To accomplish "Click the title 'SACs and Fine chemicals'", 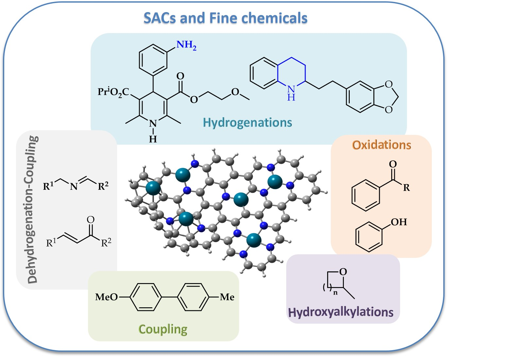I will point(225,18).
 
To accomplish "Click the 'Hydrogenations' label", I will point(247,122).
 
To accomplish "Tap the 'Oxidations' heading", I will point(381,145).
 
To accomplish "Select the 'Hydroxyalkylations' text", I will point(341,312).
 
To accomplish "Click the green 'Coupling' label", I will point(163,329).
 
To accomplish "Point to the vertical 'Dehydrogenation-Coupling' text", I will point(33,209).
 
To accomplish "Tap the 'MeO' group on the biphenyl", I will point(106,297).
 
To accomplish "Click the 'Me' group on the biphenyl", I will point(227,297).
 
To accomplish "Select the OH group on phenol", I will point(399,222).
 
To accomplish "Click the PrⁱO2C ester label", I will point(113,92).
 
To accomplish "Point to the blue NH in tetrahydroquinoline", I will point(291,92).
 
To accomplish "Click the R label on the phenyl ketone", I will point(406,188).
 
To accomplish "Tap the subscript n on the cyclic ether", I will point(335,293).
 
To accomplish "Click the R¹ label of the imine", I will point(48,186).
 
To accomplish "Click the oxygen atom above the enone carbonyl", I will point(91,220).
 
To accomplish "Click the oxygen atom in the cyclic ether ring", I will point(343,272).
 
